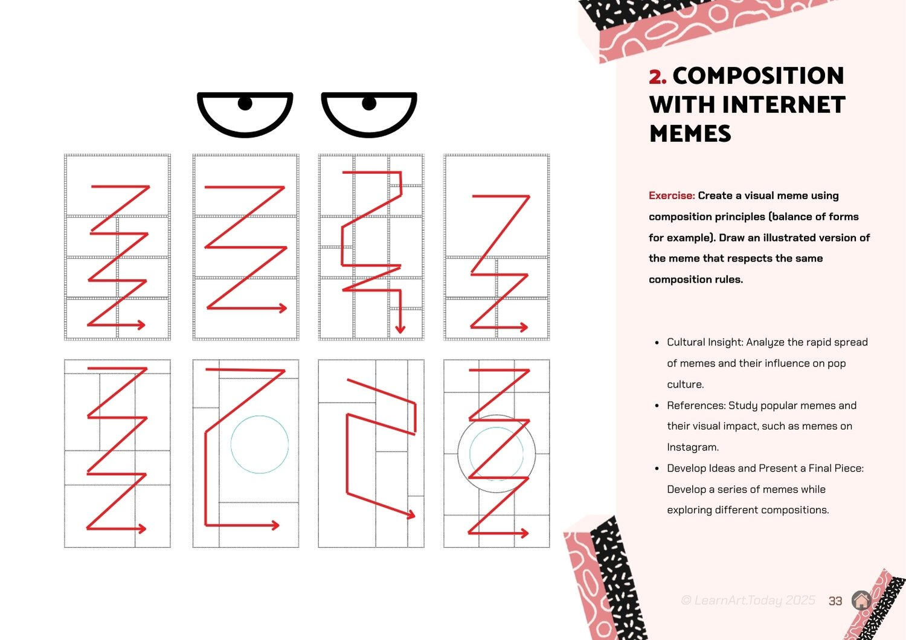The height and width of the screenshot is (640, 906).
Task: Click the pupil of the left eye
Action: click(x=245, y=103)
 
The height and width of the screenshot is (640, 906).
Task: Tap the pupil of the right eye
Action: click(x=369, y=103)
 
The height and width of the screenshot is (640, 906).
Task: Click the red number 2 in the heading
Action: click(x=657, y=77)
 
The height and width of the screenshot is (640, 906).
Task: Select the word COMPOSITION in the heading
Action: click(x=759, y=75)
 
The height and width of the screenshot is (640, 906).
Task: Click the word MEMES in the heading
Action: click(x=690, y=133)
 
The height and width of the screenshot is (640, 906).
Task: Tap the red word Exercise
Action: click(x=672, y=196)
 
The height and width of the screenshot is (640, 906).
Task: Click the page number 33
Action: click(x=835, y=601)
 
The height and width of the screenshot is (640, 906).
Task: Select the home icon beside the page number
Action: click(x=861, y=600)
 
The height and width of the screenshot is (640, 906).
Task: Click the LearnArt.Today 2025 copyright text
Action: click(x=748, y=600)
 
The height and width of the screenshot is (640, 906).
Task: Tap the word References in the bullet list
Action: click(x=696, y=406)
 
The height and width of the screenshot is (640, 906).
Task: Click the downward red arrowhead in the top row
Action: click(x=400, y=328)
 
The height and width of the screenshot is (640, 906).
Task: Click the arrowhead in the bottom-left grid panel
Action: click(x=142, y=528)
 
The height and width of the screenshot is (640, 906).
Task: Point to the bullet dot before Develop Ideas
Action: click(x=657, y=469)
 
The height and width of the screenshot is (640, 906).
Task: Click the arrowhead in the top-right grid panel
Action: click(x=524, y=327)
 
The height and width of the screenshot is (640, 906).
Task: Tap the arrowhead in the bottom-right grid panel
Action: click(x=524, y=533)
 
